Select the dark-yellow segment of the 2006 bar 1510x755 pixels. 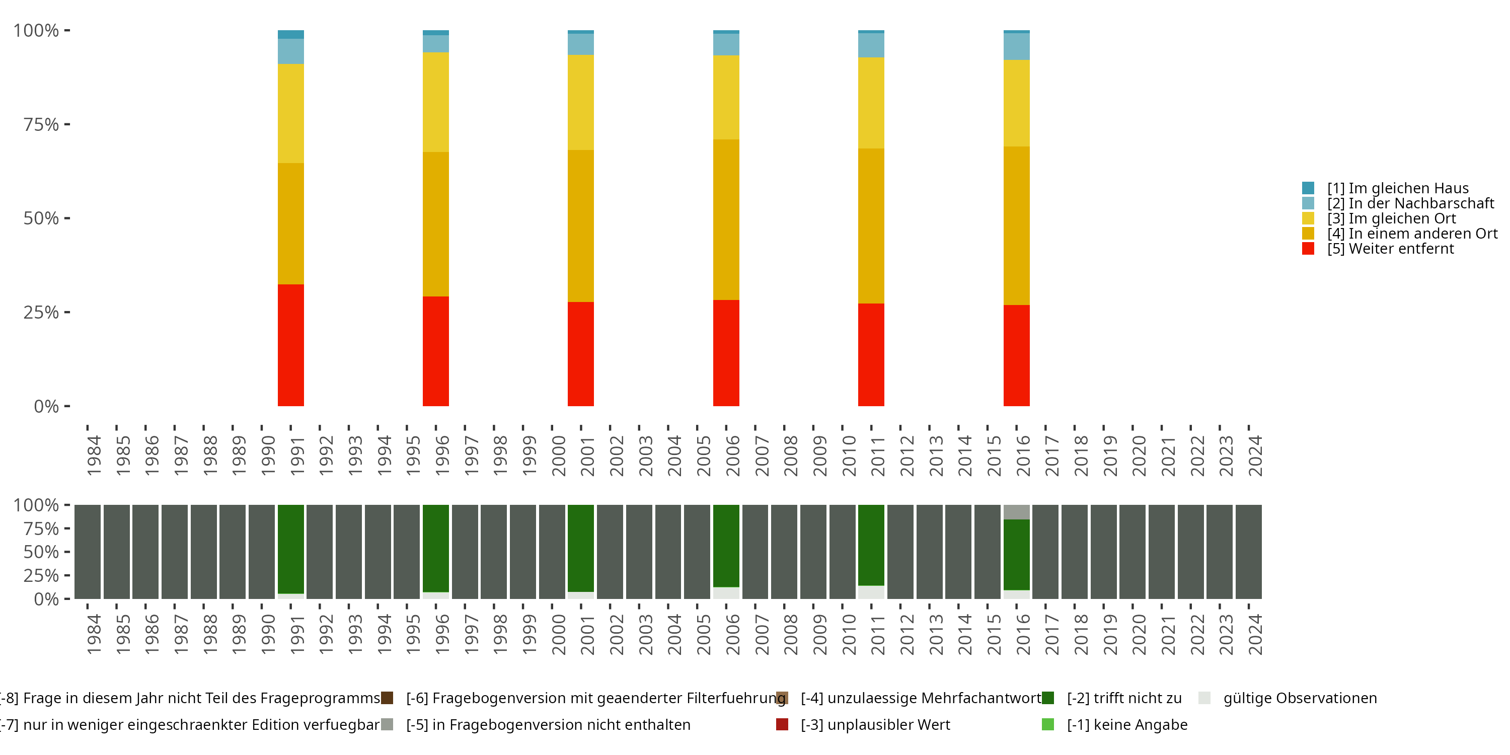click(726, 220)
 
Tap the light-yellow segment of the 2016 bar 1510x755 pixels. click(1016, 103)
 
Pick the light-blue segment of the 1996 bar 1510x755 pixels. click(435, 44)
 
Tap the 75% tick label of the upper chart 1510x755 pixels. click(41, 124)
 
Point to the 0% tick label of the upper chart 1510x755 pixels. click(46, 406)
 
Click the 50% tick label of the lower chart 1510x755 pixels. click(41, 552)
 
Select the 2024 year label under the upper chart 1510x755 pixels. click(1255, 456)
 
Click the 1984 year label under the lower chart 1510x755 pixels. click(94, 634)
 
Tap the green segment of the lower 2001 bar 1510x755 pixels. click(580, 548)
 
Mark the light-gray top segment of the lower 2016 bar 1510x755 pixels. click(1016, 512)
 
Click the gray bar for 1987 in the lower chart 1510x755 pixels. click(175, 552)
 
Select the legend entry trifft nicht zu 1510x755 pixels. click(1124, 698)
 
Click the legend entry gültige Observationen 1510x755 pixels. click(1300, 698)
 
